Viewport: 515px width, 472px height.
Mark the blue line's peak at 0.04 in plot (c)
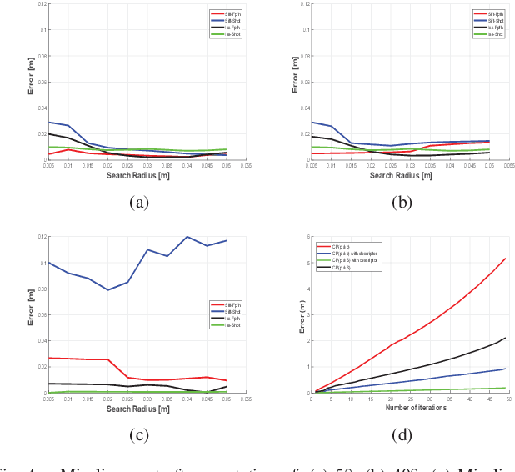pos(187,237)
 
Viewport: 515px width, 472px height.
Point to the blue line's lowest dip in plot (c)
pos(108,289)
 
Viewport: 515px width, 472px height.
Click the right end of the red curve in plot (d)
pos(505,259)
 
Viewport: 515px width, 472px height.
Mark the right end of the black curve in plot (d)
pos(505,338)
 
